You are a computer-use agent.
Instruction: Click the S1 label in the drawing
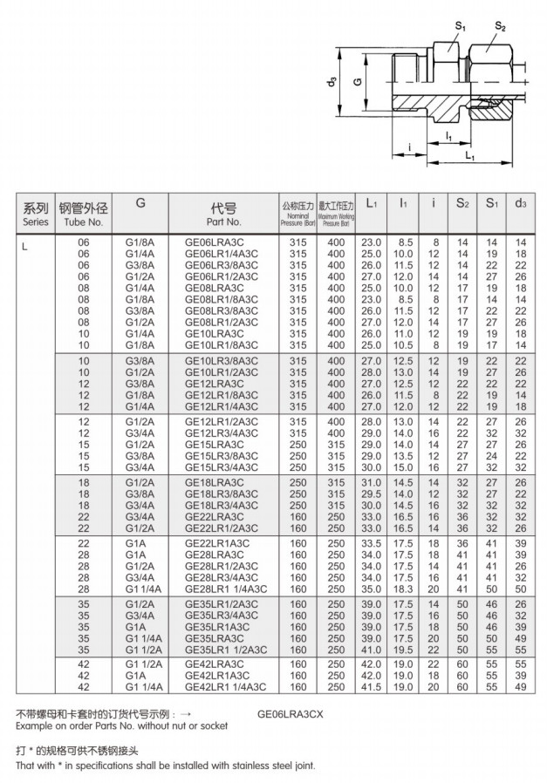(x=460, y=28)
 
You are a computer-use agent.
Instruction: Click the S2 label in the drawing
(x=500, y=28)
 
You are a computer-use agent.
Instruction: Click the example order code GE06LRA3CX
(x=291, y=712)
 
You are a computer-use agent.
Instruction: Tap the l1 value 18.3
(x=403, y=589)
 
